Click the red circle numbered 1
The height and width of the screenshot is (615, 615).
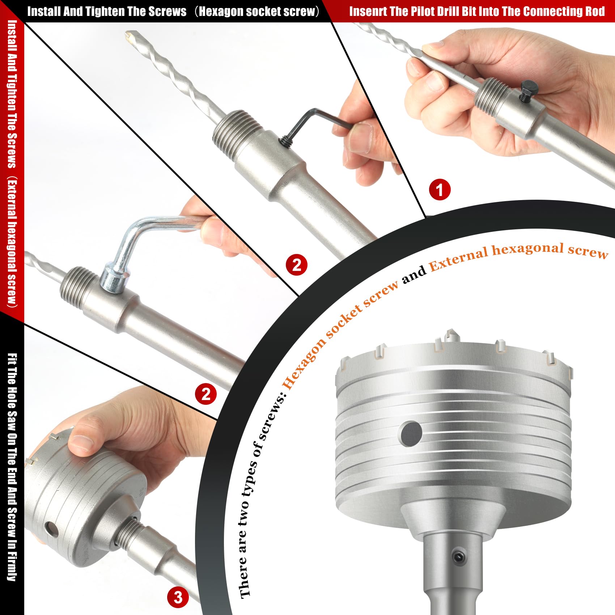[x=440, y=190]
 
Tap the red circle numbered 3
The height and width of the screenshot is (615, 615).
[x=178, y=597]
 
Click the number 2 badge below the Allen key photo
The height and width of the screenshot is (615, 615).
[x=297, y=265]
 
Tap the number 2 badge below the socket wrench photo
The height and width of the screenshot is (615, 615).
[x=206, y=394]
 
